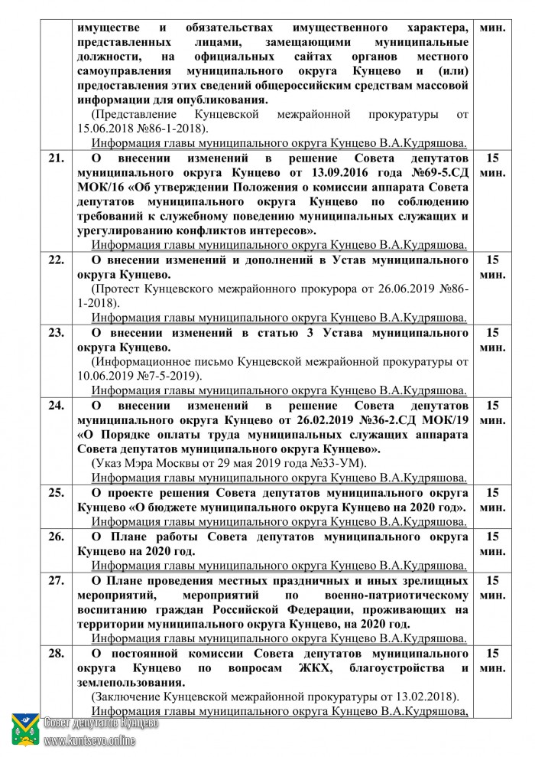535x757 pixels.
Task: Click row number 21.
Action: pos(56,158)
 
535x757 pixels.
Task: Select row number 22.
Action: pos(56,259)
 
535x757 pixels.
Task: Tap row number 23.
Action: pos(56,333)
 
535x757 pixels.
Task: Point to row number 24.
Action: pos(56,405)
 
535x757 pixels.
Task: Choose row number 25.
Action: pos(56,492)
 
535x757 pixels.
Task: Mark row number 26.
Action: pos(56,537)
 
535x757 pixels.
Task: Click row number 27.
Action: pos(56,580)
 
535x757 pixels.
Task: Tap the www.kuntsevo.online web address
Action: pos(89,740)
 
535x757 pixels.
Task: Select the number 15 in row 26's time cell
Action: pos(493,536)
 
